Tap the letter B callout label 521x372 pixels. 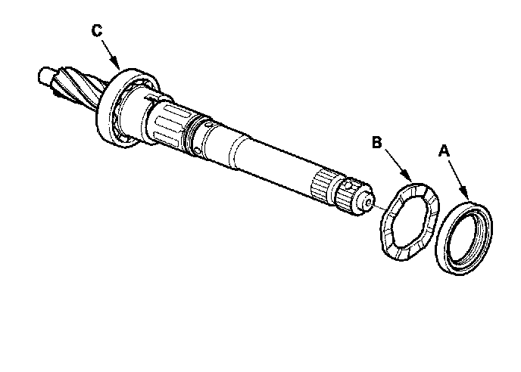tap(376, 141)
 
